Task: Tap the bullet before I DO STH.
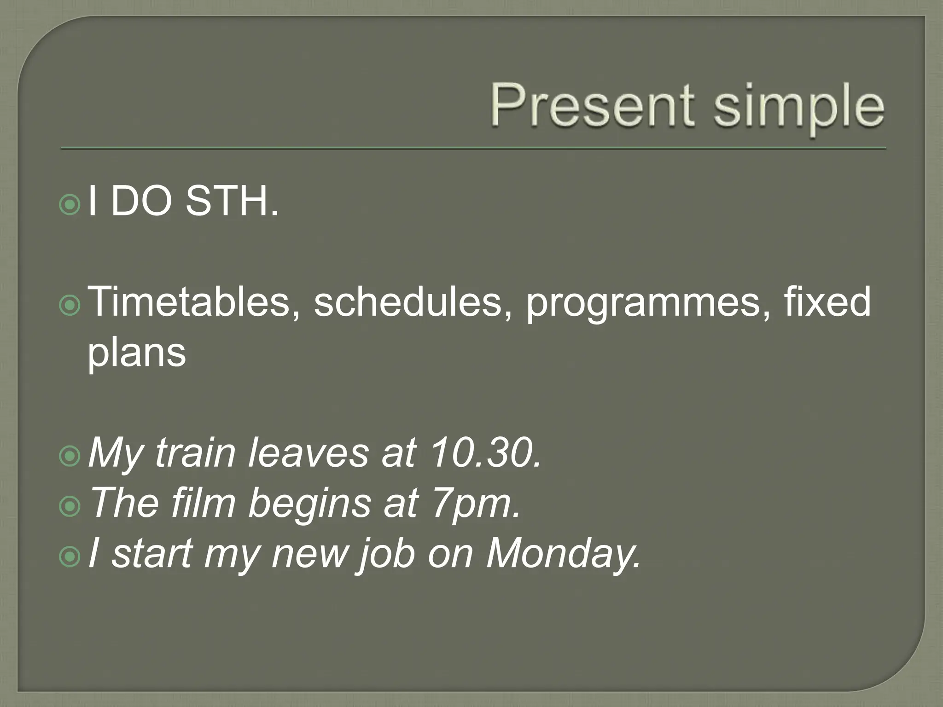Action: (x=70, y=204)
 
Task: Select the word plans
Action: (x=137, y=353)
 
